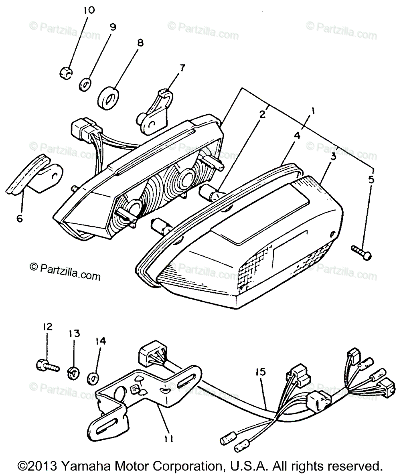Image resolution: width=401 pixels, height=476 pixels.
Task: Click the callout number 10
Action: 89,10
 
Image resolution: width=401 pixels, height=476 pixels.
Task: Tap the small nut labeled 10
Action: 66,73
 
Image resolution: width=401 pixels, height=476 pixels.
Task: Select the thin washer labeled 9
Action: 85,85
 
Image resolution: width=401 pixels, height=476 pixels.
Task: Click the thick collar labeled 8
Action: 108,97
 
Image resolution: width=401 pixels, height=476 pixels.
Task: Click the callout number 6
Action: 20,218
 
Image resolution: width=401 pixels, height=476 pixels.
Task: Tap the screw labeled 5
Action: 361,251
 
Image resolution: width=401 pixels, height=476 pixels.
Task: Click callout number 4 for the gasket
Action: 297,136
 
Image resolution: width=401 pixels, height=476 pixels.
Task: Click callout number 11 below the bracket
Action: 169,440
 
